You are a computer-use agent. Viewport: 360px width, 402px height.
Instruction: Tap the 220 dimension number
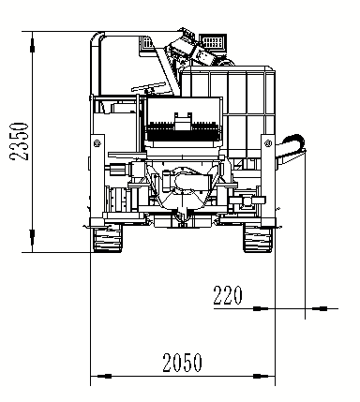pyautogui.click(x=227, y=297)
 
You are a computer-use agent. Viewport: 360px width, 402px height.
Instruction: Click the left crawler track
pyautogui.click(x=110, y=240)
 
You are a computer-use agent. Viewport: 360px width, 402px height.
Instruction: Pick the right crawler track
pyautogui.click(x=255, y=240)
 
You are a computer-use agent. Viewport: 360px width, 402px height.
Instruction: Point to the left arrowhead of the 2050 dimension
pyautogui.click(x=95, y=377)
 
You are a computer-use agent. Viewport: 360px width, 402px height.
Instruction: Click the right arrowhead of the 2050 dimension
pyautogui.click(x=271, y=377)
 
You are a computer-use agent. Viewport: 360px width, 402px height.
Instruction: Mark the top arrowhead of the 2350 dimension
pyautogui.click(x=34, y=37)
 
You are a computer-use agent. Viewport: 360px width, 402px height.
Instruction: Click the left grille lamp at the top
pyautogui.click(x=149, y=44)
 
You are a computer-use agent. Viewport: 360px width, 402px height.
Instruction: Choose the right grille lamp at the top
pyautogui.click(x=213, y=42)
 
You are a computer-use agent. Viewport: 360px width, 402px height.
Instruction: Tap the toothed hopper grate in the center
pyautogui.click(x=184, y=122)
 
